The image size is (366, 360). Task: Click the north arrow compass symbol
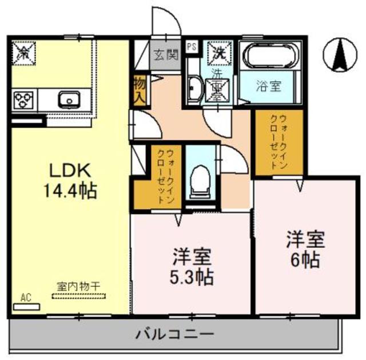click(x=337, y=56)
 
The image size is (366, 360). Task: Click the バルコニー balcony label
click(x=175, y=334)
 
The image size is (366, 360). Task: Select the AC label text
click(x=26, y=296)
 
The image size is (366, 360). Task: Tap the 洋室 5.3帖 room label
click(x=192, y=266)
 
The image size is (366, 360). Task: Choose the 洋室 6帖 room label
click(x=303, y=249)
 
